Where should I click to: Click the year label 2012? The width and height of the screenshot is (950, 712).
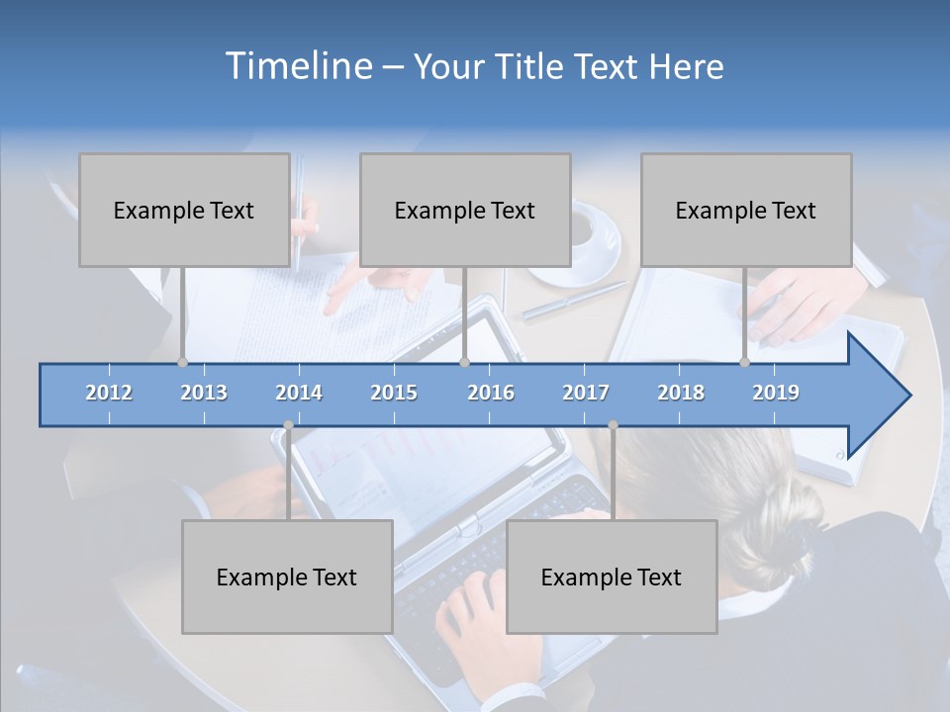(109, 393)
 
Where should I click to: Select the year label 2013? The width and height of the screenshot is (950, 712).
(204, 393)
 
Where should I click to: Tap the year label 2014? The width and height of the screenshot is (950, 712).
(299, 393)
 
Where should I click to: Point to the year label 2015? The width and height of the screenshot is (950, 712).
(394, 393)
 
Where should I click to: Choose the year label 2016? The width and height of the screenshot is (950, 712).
(491, 393)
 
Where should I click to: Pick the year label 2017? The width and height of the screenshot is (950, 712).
(586, 393)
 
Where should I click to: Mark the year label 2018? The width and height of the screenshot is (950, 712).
(681, 393)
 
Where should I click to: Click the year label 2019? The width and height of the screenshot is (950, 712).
(776, 393)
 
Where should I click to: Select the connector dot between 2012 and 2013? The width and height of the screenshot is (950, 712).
(182, 362)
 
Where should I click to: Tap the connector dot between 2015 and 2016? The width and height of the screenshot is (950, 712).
(464, 362)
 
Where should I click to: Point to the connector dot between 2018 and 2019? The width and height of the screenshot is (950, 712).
(744, 362)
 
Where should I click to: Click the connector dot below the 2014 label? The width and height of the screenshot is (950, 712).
(288, 425)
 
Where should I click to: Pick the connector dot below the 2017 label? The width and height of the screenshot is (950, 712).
(613, 425)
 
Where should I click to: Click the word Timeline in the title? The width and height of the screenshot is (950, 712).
(297, 66)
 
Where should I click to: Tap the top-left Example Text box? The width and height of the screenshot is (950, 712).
(184, 210)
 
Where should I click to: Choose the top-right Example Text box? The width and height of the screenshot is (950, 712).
(746, 210)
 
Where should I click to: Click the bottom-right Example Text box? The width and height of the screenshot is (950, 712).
(612, 577)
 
